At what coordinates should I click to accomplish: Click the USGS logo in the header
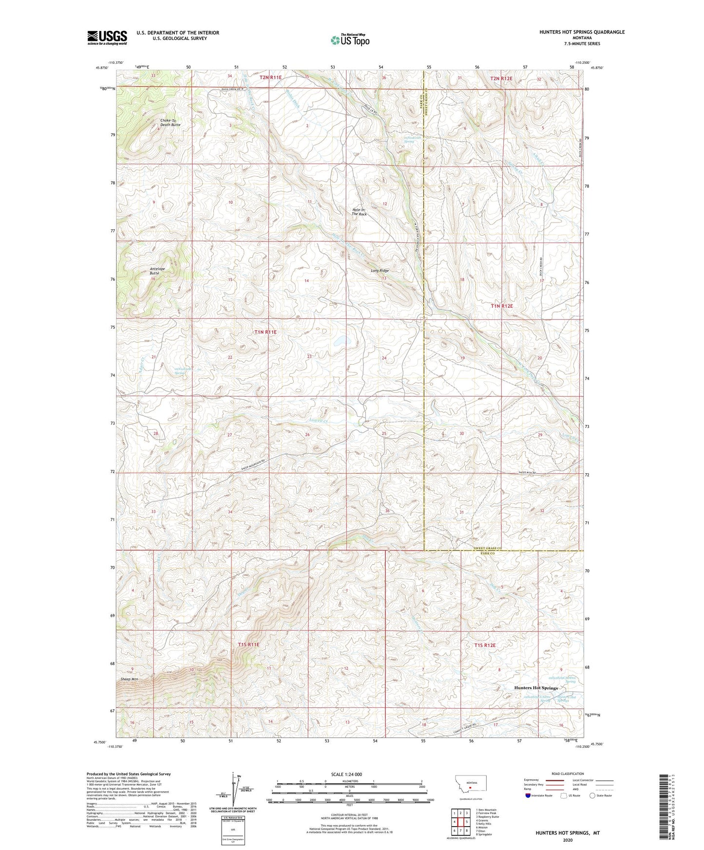[x=107, y=37]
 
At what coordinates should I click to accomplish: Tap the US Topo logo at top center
[x=349, y=40]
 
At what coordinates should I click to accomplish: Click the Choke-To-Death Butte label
[x=170, y=122]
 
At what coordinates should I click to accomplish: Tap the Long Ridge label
[x=380, y=271]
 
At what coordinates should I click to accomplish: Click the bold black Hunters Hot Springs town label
[x=536, y=688]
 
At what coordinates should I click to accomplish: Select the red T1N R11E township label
[x=266, y=332]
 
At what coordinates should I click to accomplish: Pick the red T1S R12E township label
[x=484, y=645]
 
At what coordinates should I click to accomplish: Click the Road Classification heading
[x=567, y=774]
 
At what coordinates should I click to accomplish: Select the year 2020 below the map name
[x=568, y=840]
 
